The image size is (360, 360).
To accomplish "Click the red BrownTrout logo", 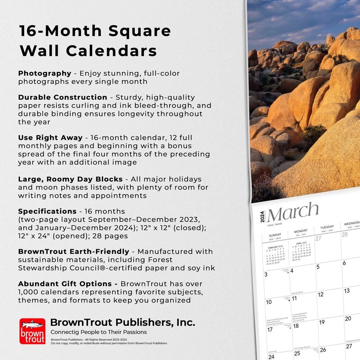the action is pyautogui.click(x=32, y=331).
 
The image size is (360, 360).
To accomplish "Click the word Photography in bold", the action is pyautogui.click(x=45, y=73).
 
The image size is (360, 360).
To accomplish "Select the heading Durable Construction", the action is pyautogui.click(x=63, y=97).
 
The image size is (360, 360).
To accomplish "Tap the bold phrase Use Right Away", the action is pyautogui.click(x=50, y=138).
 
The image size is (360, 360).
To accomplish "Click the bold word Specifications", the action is pyautogui.click(x=47, y=211).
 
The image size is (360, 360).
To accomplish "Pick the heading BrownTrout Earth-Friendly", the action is pyautogui.click(x=73, y=251).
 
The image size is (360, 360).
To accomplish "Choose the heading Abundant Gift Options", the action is pyautogui.click(x=68, y=284).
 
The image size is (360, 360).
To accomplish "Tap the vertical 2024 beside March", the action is pyautogui.click(x=262, y=216).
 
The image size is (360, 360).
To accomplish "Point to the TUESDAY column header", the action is pyautogui.click(x=327, y=228).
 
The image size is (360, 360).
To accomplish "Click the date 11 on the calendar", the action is pyautogui.click(x=294, y=298).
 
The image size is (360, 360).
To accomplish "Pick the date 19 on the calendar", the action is pyautogui.click(x=322, y=322).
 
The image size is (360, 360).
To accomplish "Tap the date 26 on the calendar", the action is pyautogui.click(x=323, y=350).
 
